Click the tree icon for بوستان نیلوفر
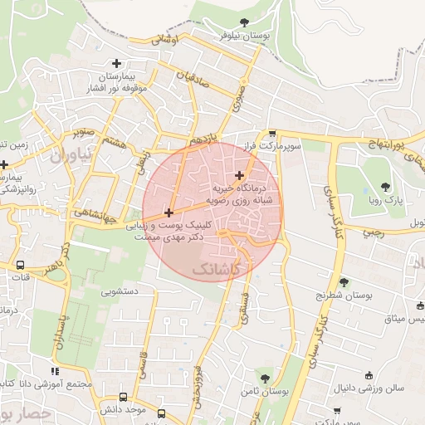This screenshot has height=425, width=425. tap(242, 23)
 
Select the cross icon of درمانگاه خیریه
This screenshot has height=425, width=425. tap(240, 175)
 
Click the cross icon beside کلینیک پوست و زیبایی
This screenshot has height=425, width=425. tap(169, 213)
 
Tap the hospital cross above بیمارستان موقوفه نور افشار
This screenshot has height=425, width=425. tap(116, 63)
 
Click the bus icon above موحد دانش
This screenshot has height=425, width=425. tap(124, 397)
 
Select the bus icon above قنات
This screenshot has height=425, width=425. tap(20, 265)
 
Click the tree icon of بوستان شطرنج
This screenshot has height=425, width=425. tap(344, 282)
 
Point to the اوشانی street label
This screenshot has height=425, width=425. tap(166, 39)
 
